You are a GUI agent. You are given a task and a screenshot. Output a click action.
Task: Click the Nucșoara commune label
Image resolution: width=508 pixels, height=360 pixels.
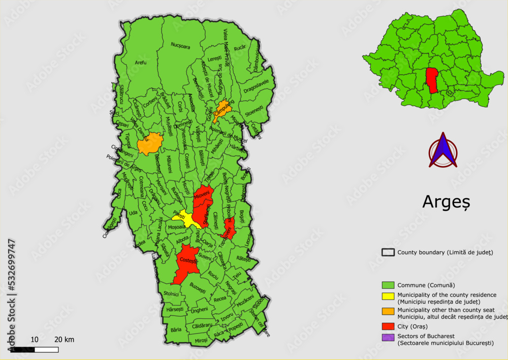point(180,46)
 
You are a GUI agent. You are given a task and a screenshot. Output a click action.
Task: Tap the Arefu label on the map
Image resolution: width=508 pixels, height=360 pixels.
point(141,63)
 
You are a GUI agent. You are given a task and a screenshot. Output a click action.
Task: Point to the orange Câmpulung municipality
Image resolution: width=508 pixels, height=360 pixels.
point(223,110)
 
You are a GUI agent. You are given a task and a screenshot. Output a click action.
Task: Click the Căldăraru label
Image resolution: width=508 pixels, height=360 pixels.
point(202,325)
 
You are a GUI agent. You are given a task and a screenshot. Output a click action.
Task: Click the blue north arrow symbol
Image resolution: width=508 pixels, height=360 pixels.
point(443,151)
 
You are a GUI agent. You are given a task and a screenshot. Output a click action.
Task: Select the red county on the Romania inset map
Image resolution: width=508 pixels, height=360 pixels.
point(432,80)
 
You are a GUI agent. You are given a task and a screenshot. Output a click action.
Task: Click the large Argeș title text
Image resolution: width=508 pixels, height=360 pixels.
point(446,201)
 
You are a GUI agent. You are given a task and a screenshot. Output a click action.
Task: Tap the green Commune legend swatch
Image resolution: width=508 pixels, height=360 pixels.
point(389,285)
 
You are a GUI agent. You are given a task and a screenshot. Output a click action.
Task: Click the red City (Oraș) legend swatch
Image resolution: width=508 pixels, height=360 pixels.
point(389,326)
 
